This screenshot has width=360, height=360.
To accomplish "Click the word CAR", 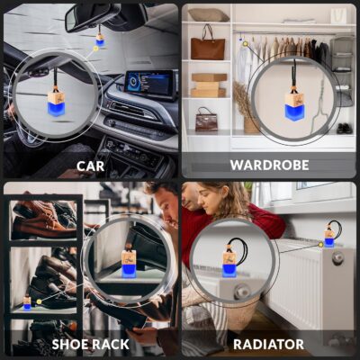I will click(x=90, y=166).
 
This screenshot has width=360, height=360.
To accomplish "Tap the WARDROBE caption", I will click(x=269, y=166).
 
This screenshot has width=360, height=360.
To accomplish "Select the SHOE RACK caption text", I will click(x=90, y=344).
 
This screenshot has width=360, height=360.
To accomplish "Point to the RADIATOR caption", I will click(x=269, y=344).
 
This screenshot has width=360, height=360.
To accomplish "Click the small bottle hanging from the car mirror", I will click(x=100, y=40).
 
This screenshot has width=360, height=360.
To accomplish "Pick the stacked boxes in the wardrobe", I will click(x=208, y=85).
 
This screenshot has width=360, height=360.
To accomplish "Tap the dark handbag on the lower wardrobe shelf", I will click(x=206, y=119).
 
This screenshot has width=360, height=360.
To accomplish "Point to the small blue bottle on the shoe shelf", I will click(x=27, y=304).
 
